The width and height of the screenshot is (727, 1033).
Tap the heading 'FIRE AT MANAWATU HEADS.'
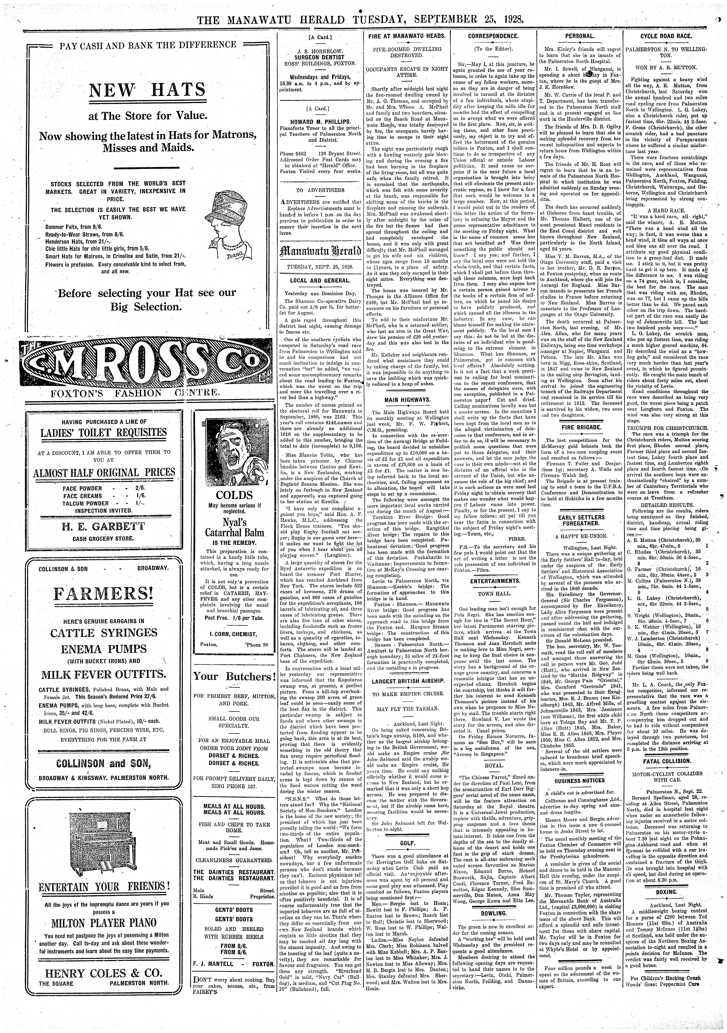point(407,36)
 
